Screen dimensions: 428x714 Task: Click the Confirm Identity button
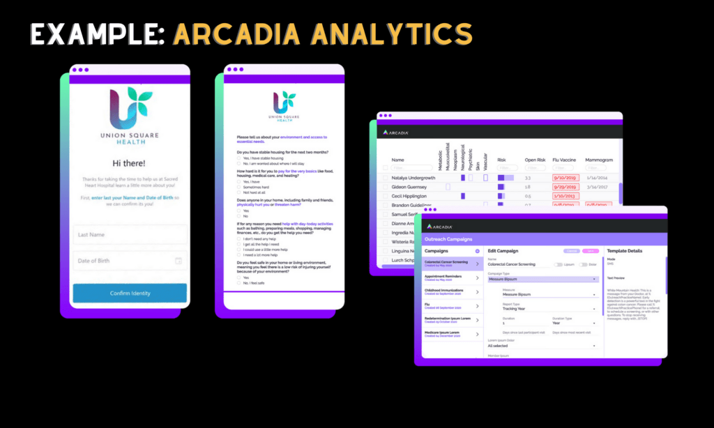point(130,293)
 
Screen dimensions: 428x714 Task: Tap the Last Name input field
point(130,235)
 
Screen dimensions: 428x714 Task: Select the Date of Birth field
point(130,261)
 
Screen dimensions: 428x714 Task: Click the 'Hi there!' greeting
point(130,163)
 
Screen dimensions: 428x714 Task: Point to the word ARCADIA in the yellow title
point(238,34)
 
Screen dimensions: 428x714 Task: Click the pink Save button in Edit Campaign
point(591,251)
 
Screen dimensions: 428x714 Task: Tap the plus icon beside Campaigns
point(477,251)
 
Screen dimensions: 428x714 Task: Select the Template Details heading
point(625,251)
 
